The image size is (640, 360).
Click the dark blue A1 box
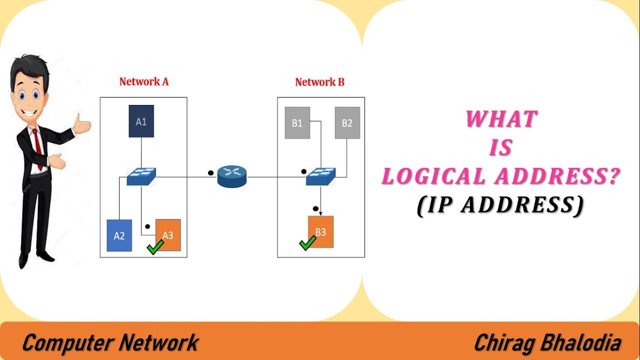coord(141,121)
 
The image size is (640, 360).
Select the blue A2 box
coord(119,235)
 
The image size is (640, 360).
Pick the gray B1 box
coord(297,122)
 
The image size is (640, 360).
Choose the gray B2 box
coord(347,122)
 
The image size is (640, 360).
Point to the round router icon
coord(232,176)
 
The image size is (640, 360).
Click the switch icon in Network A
coord(141,176)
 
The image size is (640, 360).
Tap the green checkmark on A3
coord(155,247)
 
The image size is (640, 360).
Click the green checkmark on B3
coord(307,243)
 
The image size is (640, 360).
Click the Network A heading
coord(144,81)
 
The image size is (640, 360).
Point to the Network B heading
coord(319,82)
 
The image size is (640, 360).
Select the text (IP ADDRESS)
coord(500,205)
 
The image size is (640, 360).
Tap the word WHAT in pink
coord(501,119)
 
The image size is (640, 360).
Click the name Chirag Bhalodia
coord(547,343)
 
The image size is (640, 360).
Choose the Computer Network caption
coord(110,343)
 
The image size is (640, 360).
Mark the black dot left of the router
coord(210,173)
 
